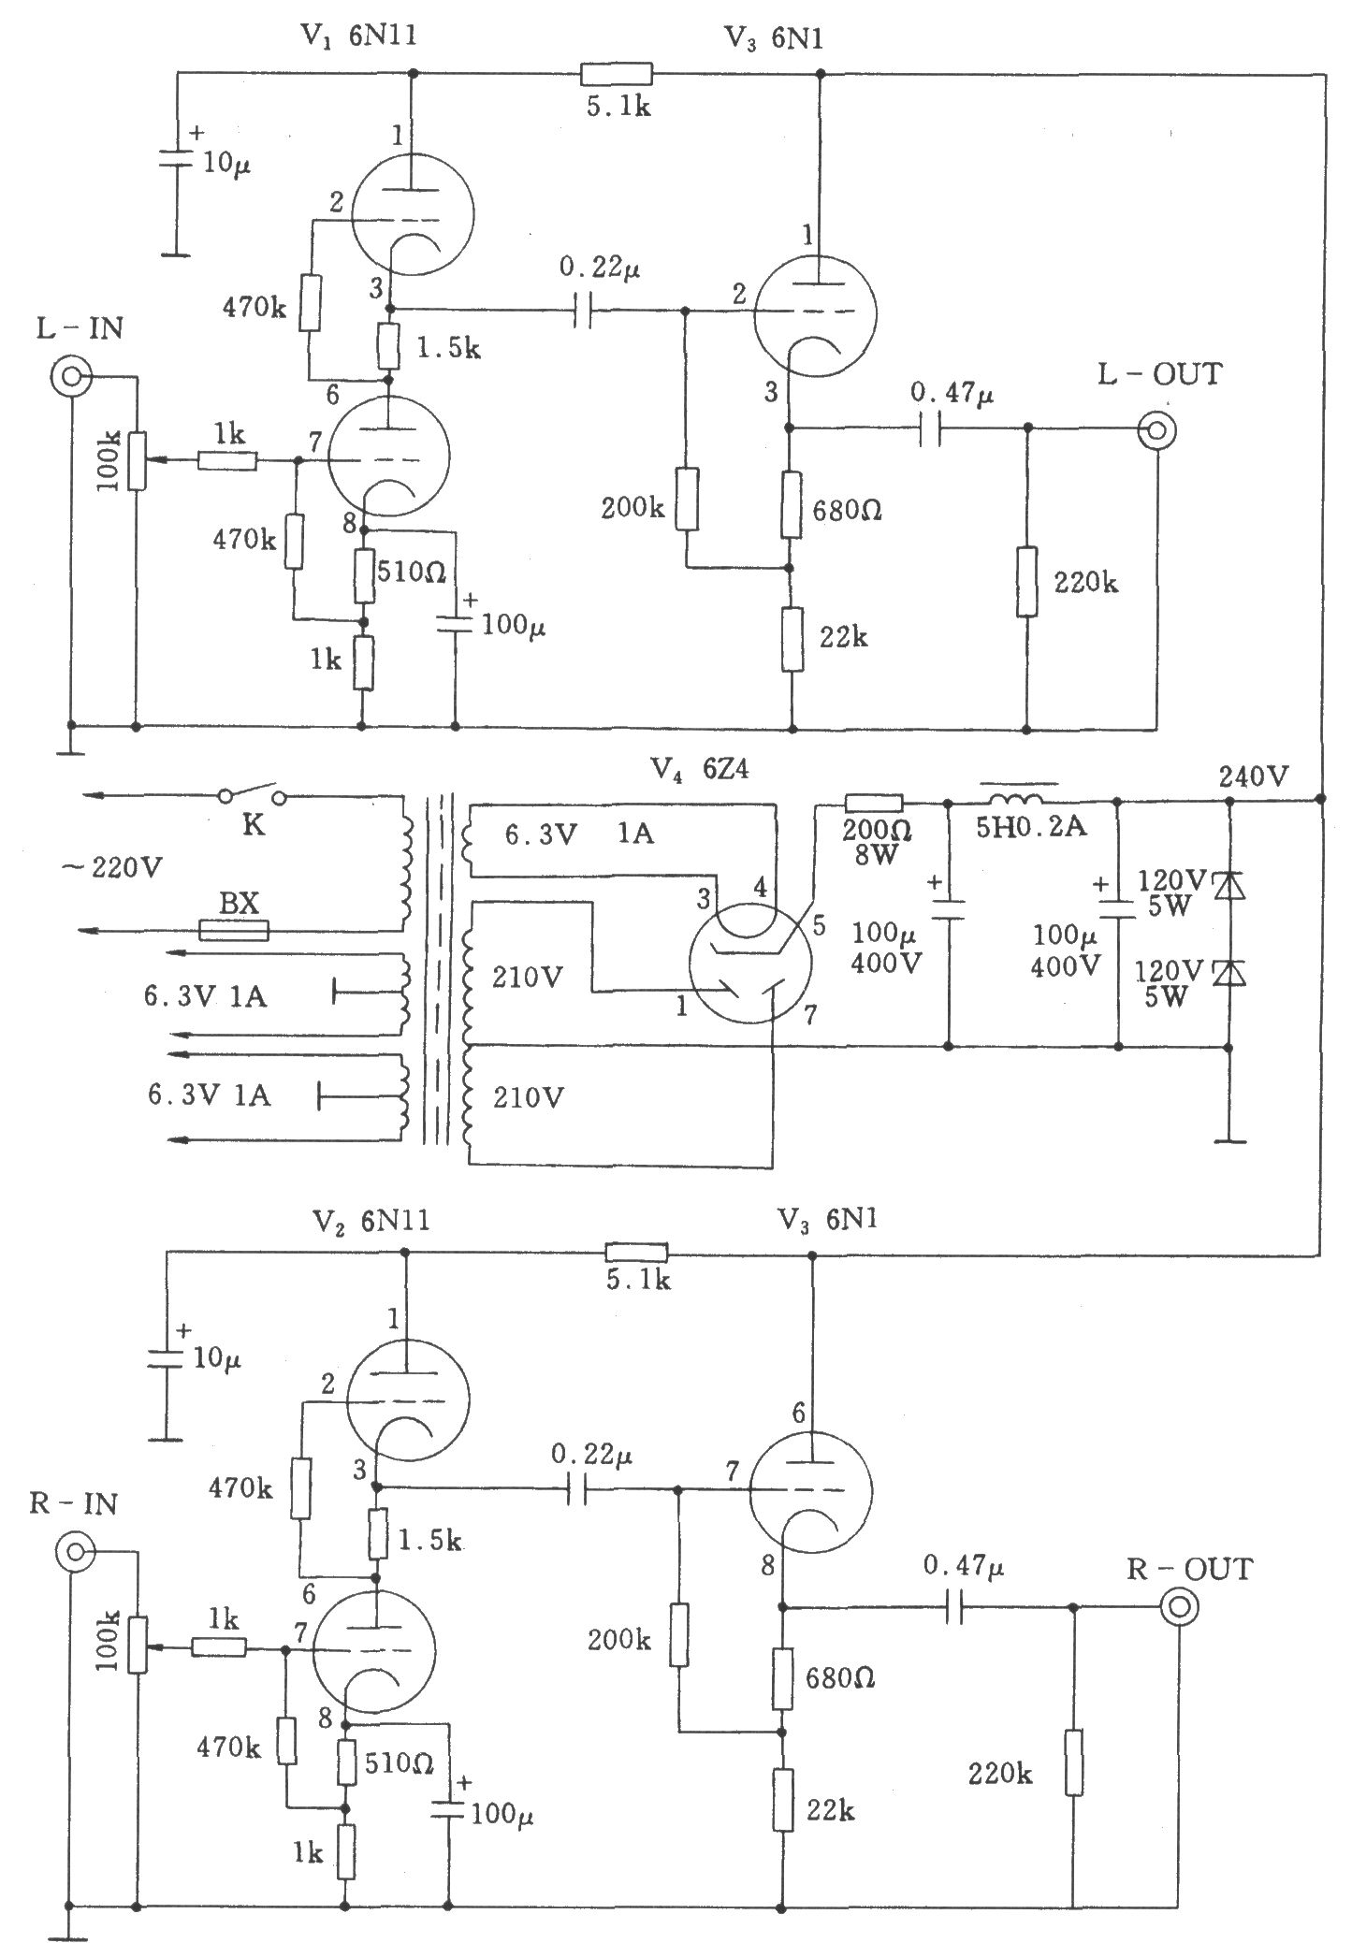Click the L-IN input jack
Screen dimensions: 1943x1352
pyautogui.click(x=71, y=377)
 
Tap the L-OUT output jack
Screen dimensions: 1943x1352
pyautogui.click(x=1156, y=430)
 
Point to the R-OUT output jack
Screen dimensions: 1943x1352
pyautogui.click(x=1179, y=1606)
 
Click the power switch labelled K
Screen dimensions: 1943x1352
pyautogui.click(x=253, y=794)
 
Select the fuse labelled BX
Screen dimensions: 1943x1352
pyautogui.click(x=234, y=930)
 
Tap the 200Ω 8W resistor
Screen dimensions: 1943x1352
pyautogui.click(x=874, y=802)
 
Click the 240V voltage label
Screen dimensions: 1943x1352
pyautogui.click(x=1254, y=776)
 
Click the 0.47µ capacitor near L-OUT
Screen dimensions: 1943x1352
pyautogui.click(x=928, y=428)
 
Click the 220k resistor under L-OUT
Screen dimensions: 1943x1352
pyautogui.click(x=1027, y=581)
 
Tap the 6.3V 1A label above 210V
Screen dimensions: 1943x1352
pyautogui.click(x=579, y=834)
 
